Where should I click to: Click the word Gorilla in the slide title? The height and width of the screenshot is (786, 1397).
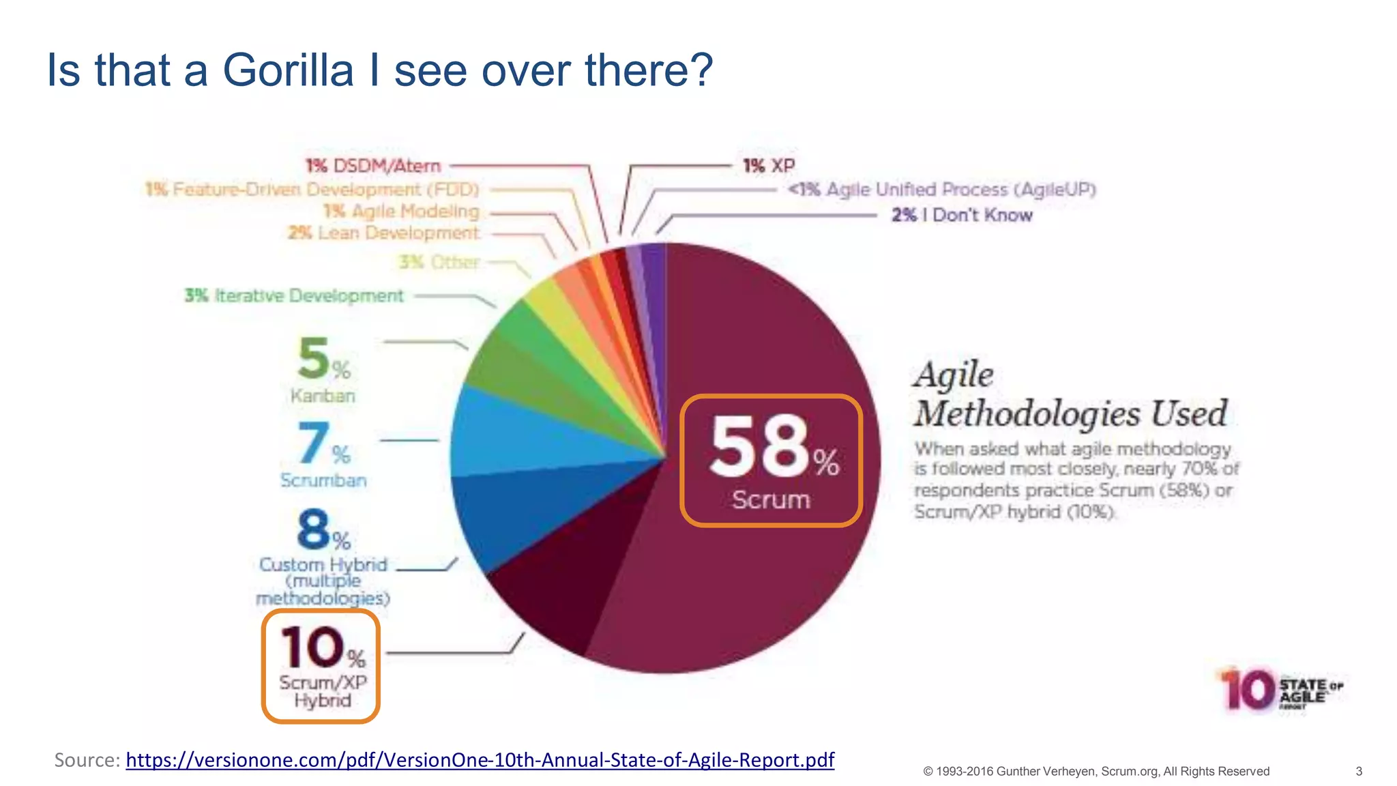tap(288, 70)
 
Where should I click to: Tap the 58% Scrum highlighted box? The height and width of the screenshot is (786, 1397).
tap(771, 461)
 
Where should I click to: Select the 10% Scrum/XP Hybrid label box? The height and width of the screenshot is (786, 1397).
tap(321, 666)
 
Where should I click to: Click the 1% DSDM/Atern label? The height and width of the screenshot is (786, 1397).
tap(373, 166)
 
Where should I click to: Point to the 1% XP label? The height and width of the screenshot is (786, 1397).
tap(769, 166)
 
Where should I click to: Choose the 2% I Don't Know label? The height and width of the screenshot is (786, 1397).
tap(962, 215)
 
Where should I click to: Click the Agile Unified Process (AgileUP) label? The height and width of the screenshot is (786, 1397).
tap(942, 190)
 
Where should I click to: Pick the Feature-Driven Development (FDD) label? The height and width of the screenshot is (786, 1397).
tap(312, 189)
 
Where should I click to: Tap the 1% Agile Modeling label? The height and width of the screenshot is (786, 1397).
tap(401, 212)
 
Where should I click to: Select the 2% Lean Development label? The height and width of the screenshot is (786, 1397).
tap(383, 233)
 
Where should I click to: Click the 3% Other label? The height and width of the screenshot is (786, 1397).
tap(439, 262)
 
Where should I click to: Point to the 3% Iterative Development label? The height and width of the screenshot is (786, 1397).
tap(294, 296)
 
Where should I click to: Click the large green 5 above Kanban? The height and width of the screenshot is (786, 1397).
tap(314, 358)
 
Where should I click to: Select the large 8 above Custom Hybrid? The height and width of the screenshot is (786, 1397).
tap(313, 529)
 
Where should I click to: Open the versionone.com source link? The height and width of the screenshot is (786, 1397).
tap(480, 760)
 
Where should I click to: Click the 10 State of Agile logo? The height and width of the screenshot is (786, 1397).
tap(1279, 689)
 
